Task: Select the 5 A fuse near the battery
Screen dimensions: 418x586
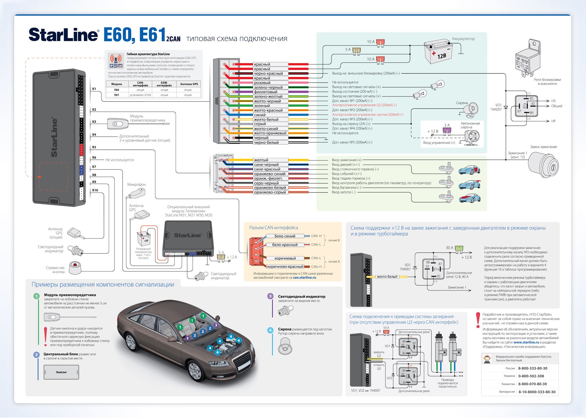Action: (x=356, y=50)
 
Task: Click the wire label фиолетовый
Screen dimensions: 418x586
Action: (x=266, y=92)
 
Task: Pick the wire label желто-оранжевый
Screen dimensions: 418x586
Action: (x=270, y=133)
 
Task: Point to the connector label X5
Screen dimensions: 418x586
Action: (x=94, y=147)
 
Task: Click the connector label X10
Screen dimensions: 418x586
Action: (x=95, y=190)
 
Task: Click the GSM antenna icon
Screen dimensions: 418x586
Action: (x=116, y=61)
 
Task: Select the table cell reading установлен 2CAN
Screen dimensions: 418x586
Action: (x=140, y=95)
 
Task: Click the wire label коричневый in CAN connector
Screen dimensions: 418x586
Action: (x=285, y=258)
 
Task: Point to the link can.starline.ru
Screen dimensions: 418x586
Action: (x=304, y=278)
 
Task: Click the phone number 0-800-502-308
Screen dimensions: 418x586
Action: (x=531, y=376)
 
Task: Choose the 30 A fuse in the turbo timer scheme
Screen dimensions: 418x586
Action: (x=459, y=249)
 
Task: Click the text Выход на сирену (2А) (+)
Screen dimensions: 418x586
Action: (x=351, y=124)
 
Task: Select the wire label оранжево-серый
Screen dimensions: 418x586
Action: (x=270, y=192)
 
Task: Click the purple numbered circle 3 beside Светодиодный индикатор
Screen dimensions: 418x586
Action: (x=270, y=296)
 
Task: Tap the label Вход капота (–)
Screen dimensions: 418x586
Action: (x=343, y=192)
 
